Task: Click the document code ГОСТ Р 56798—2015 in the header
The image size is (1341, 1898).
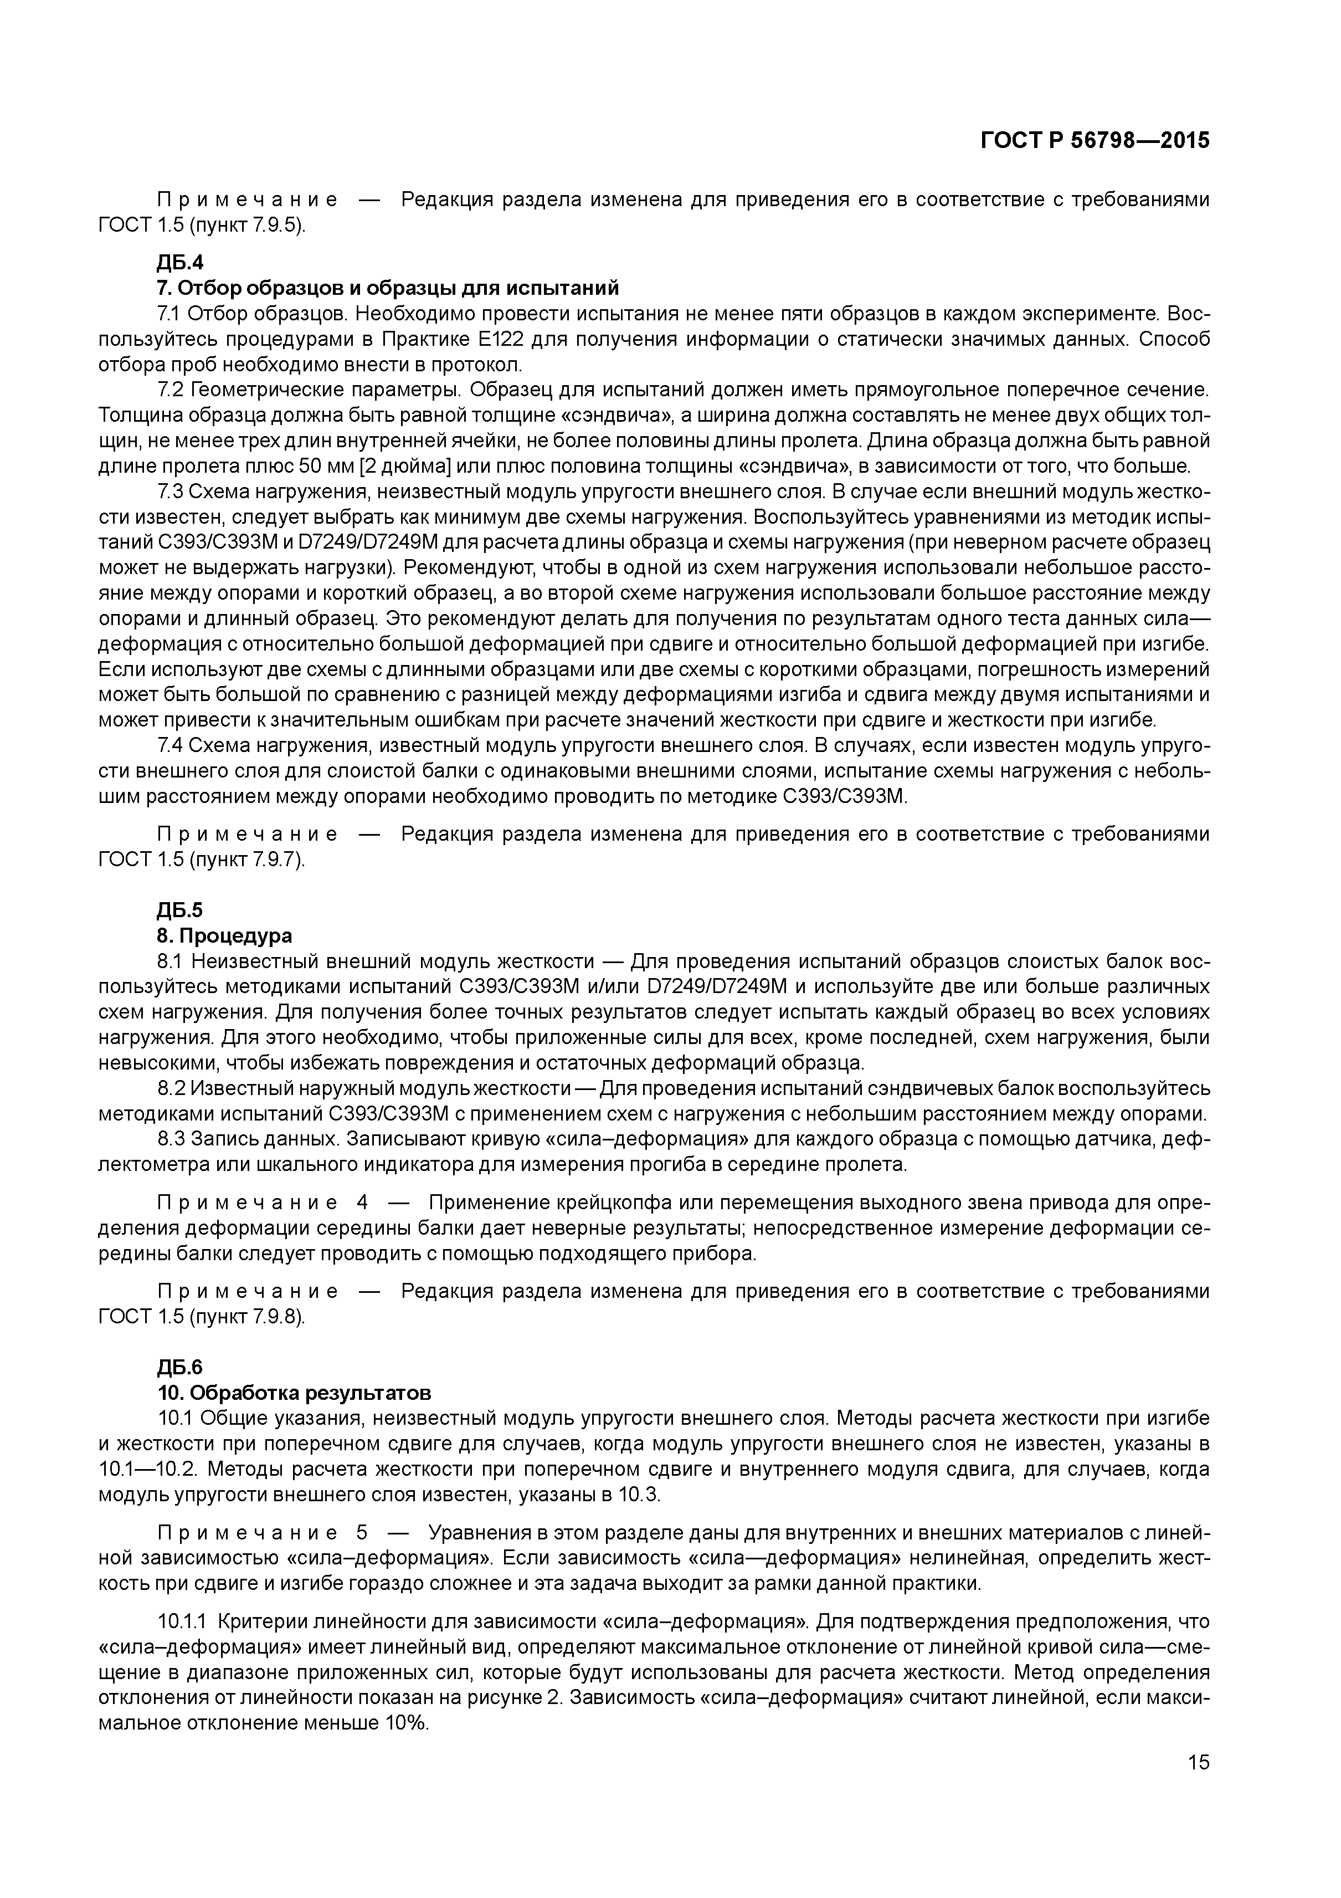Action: click(1094, 141)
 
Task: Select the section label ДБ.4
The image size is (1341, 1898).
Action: click(179, 263)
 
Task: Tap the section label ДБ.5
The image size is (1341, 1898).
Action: click(179, 910)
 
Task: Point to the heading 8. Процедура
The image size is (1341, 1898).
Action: click(225, 936)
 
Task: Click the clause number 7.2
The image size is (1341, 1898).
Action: click(169, 390)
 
